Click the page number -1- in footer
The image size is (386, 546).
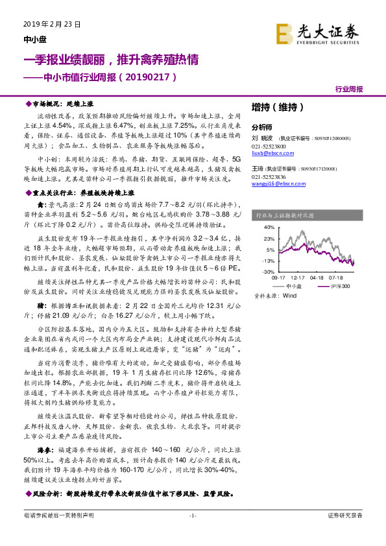click(x=192, y=533)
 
